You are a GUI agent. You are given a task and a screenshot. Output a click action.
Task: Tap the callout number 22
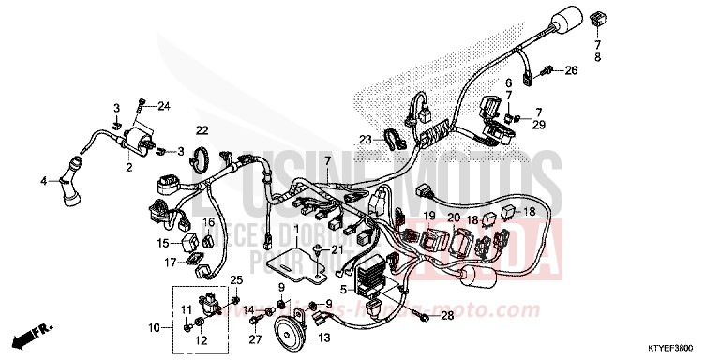point(202,129)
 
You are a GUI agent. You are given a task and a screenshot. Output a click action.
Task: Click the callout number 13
point(324,337)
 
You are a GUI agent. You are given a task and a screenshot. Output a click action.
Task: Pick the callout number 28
point(447,316)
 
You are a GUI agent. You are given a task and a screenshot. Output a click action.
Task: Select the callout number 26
point(572,69)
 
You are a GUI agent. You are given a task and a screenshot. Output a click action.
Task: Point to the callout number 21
point(337,248)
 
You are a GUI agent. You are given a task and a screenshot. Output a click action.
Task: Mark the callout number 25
point(236,280)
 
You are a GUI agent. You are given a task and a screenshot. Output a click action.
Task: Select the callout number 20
point(454,217)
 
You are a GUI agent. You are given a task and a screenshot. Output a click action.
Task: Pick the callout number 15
point(163,241)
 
